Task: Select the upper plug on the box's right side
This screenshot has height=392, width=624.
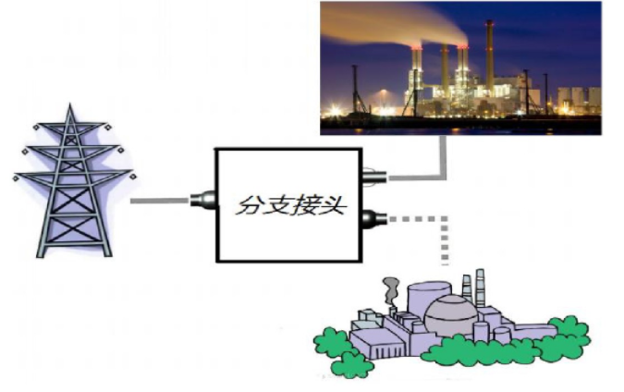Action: [x=373, y=175]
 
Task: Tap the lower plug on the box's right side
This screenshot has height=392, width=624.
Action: [x=373, y=219]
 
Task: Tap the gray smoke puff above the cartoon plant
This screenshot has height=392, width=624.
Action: [x=393, y=287]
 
